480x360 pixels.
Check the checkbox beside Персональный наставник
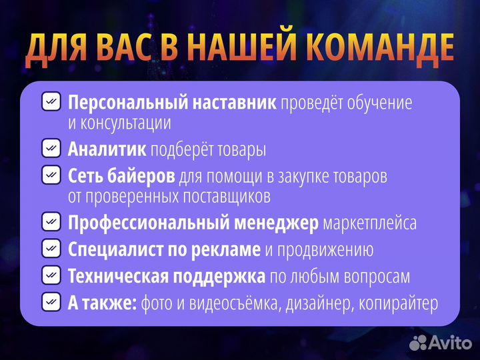(x=51, y=102)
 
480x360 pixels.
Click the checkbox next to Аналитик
(x=51, y=149)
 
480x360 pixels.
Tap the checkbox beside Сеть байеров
(x=51, y=175)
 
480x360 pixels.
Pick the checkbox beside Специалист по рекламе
(x=51, y=249)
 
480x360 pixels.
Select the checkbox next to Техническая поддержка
(x=51, y=275)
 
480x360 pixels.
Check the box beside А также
(x=51, y=303)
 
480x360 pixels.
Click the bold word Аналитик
(x=107, y=150)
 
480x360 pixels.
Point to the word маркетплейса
(x=370, y=223)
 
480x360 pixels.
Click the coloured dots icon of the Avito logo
(x=418, y=343)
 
